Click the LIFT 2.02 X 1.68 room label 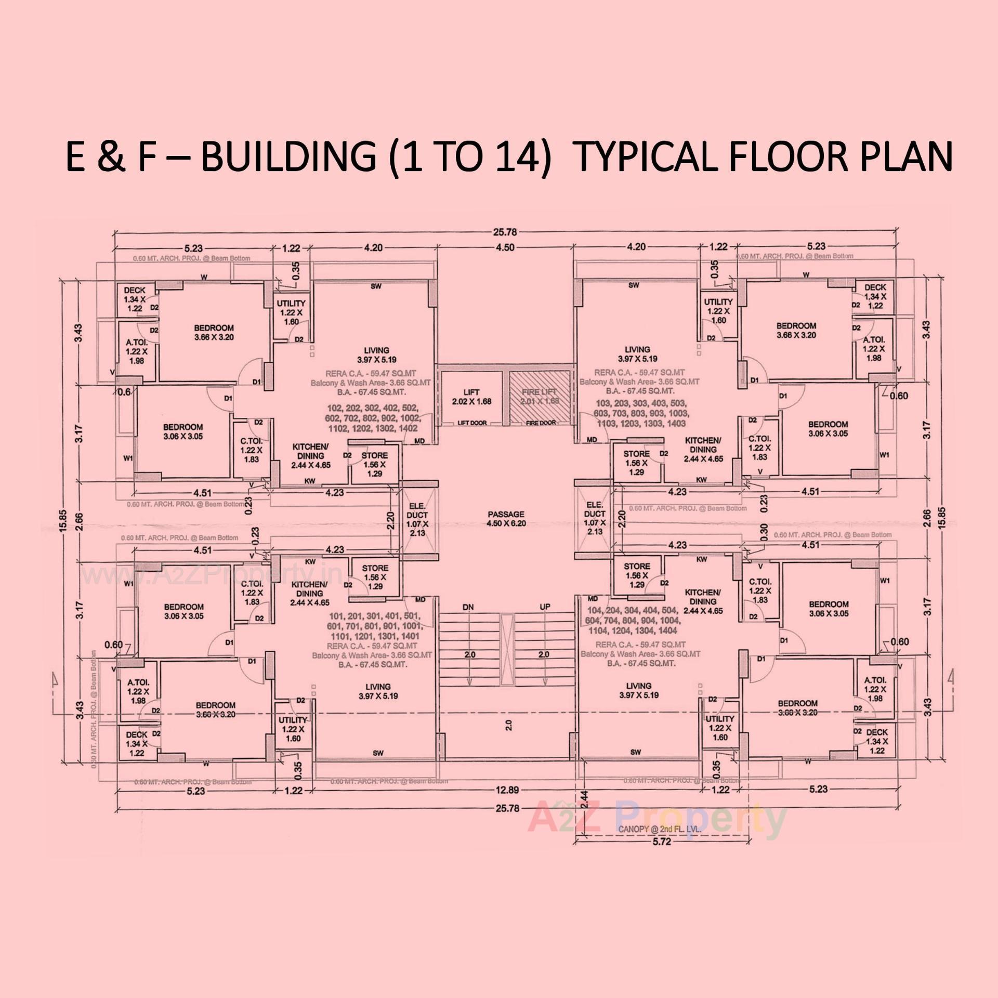point(471,397)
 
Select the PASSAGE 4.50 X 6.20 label point(506,519)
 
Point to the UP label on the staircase point(545,607)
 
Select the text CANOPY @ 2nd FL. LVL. point(660,830)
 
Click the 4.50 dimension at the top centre point(505,247)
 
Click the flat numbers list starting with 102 point(373,418)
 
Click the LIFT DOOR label point(472,423)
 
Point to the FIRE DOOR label point(541,423)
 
